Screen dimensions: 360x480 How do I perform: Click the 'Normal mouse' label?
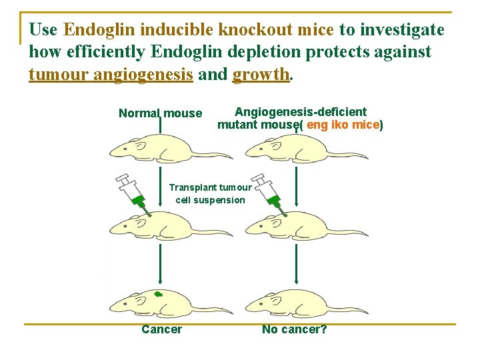click(160, 113)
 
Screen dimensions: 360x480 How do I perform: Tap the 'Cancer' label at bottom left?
click(161, 329)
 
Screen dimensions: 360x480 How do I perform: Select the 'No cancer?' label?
click(294, 329)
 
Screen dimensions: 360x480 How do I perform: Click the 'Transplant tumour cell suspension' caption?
click(210, 194)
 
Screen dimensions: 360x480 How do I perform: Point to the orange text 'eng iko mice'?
click(343, 125)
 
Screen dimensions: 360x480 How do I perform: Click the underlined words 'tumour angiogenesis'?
click(111, 74)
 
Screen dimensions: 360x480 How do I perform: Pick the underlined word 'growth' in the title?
click(261, 74)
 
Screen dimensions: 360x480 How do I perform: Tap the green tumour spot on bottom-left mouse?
click(158, 294)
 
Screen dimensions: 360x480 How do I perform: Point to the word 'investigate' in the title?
click(402, 30)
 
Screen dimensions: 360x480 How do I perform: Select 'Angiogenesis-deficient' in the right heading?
click(301, 112)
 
